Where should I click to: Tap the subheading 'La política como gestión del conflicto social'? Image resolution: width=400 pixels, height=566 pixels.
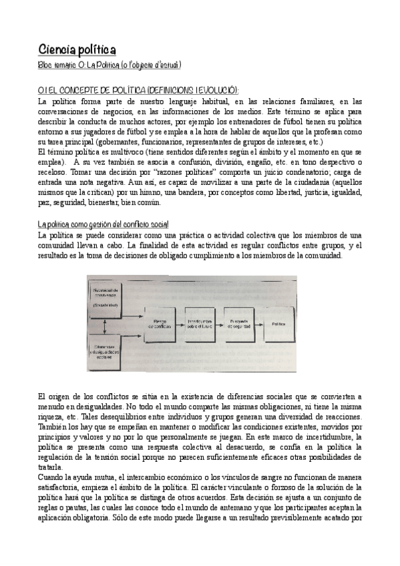pyautogui.click(x=104, y=224)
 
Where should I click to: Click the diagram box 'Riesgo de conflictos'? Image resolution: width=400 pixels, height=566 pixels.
pyautogui.click(x=164, y=322)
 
